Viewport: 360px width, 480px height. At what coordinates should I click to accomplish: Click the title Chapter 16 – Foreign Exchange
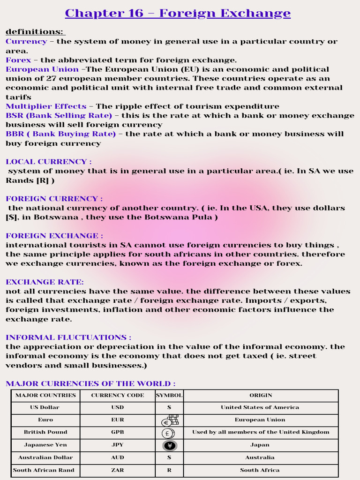coord(178,13)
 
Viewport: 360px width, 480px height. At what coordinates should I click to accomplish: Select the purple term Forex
coord(18,60)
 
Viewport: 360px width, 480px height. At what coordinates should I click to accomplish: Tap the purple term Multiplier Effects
coord(46,106)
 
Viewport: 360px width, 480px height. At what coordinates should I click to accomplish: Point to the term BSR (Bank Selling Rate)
coord(59,116)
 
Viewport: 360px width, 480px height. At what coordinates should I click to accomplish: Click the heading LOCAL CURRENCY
coord(48,162)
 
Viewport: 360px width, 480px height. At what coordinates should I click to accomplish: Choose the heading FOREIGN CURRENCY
coord(54,199)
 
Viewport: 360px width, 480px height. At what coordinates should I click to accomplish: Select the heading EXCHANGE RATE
coord(45,282)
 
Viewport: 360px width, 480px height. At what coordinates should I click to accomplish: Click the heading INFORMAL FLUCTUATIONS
coord(68,337)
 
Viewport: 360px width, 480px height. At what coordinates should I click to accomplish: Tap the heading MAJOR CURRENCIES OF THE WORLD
coord(90,384)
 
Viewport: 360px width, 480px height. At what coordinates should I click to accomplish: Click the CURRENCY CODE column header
coord(117,396)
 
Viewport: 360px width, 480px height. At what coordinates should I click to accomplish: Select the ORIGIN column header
coord(260,396)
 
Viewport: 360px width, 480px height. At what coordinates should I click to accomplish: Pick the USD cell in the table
coord(117,408)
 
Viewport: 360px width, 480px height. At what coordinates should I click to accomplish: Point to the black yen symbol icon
coord(169,445)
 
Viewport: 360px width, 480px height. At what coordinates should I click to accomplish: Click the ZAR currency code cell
coord(117,470)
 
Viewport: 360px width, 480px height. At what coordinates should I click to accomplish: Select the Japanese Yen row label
coord(45,445)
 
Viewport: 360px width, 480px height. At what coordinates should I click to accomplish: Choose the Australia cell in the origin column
coord(260,457)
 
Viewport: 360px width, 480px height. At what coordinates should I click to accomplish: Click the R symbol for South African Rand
coord(169,470)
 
